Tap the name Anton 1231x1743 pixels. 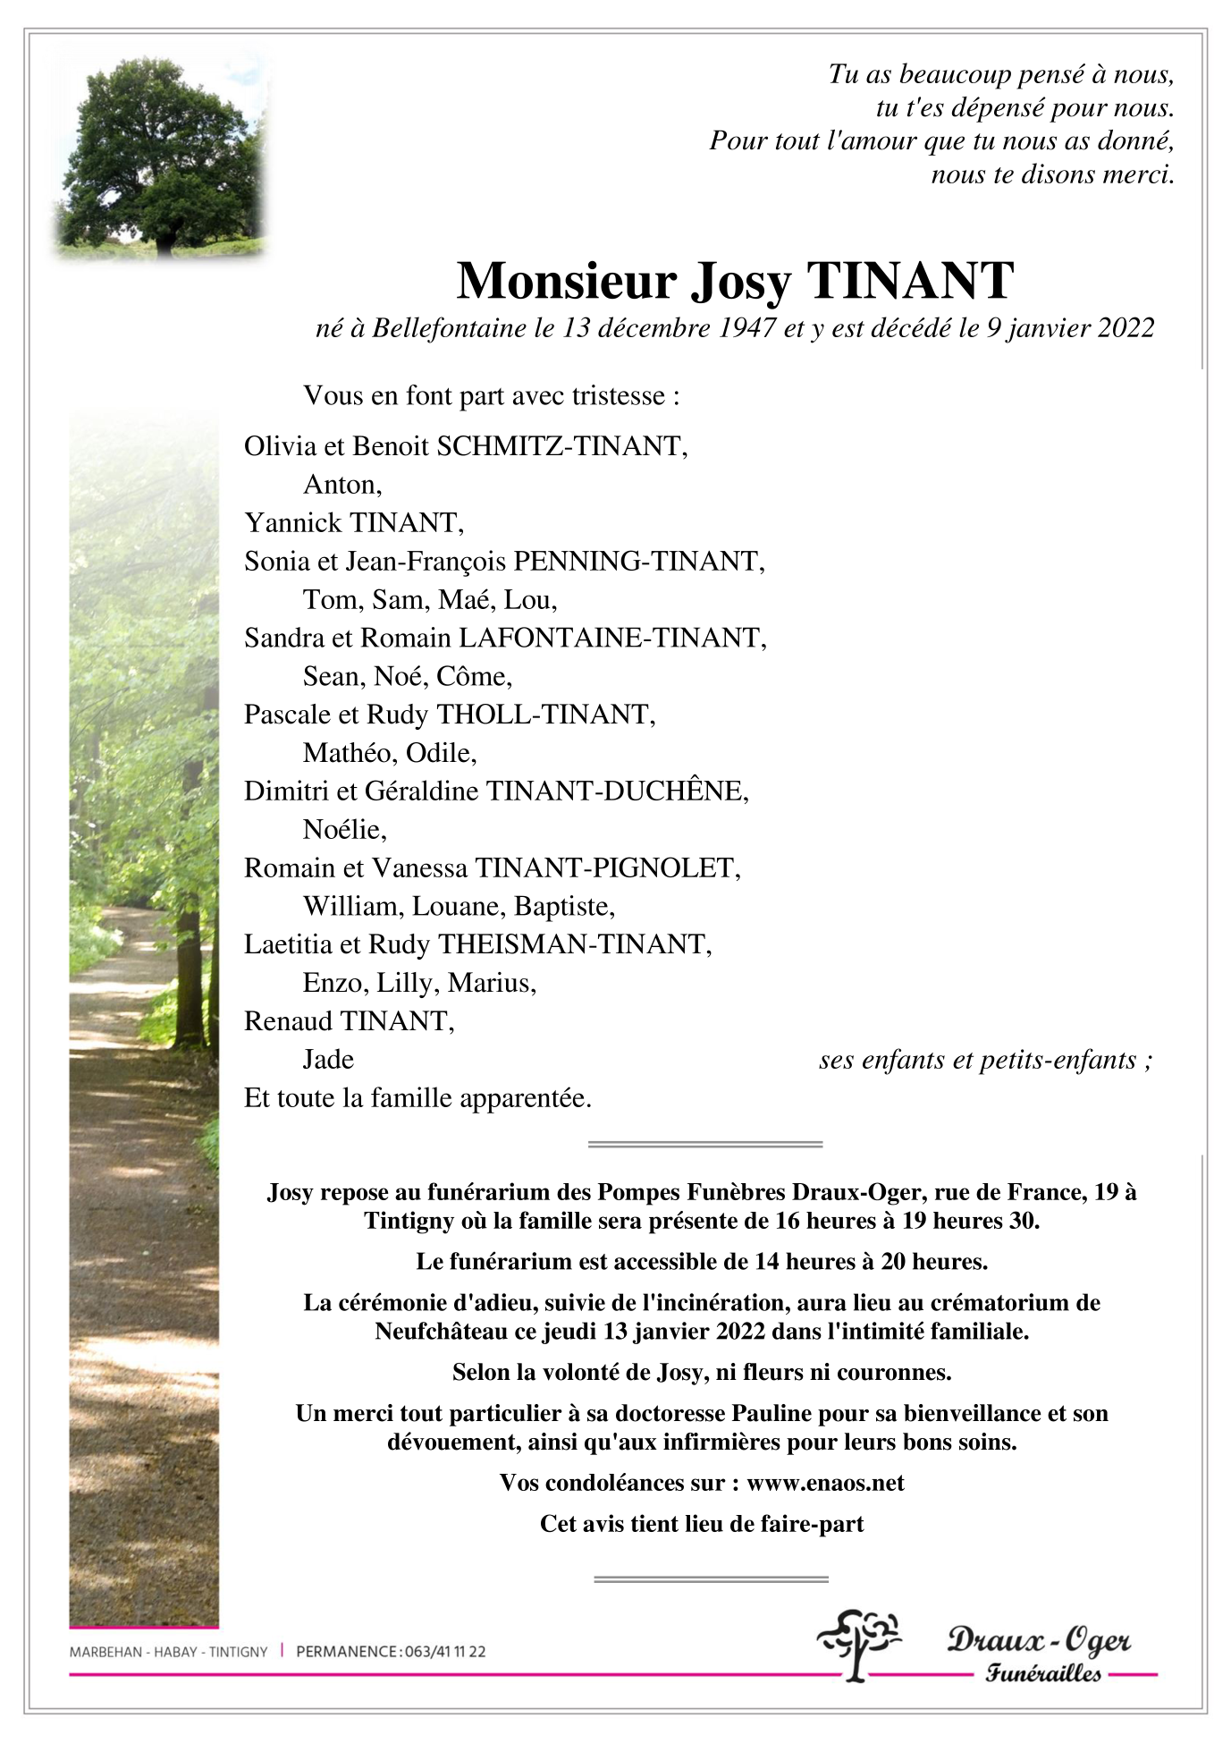[x=341, y=485]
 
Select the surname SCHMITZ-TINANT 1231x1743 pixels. [x=561, y=446]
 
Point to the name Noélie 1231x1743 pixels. [x=343, y=830]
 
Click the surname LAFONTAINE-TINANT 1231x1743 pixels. [x=611, y=638]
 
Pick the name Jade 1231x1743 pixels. [x=328, y=1060]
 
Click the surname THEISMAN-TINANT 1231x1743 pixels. [x=573, y=944]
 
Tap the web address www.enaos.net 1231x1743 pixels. [x=825, y=1483]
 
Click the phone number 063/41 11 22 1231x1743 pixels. [x=445, y=1652]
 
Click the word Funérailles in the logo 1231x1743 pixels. [x=1043, y=1673]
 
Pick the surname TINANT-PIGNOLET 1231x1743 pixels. [x=606, y=868]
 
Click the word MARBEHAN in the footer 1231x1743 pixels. [x=105, y=1652]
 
